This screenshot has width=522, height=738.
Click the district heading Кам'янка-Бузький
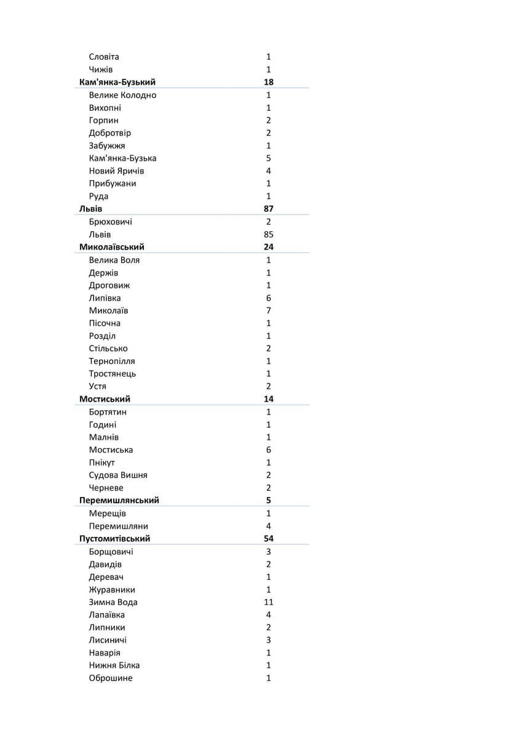[x=117, y=82]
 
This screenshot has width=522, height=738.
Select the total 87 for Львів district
[x=269, y=209]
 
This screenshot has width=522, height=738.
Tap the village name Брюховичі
[x=110, y=222]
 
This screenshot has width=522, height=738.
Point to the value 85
[x=269, y=234]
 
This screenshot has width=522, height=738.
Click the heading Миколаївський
[x=112, y=247]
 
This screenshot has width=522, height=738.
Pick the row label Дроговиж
[x=109, y=285]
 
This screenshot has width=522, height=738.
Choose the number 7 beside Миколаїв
[x=269, y=311]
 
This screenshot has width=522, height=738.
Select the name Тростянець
[x=113, y=374]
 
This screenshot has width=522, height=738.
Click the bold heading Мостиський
[x=105, y=399]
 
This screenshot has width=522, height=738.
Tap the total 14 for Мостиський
[x=269, y=399]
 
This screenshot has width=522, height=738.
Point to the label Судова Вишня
[x=118, y=475]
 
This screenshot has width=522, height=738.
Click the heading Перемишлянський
[x=119, y=501]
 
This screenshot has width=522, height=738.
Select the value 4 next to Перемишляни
[x=269, y=526]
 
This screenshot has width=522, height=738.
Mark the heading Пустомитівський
[x=115, y=539]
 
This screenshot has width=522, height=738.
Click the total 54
[x=269, y=539]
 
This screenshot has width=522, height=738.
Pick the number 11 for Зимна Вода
[x=269, y=602]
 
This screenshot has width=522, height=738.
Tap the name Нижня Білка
[x=114, y=665]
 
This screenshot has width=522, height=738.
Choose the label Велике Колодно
[x=122, y=95]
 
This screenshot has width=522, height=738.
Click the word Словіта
[x=104, y=57]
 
